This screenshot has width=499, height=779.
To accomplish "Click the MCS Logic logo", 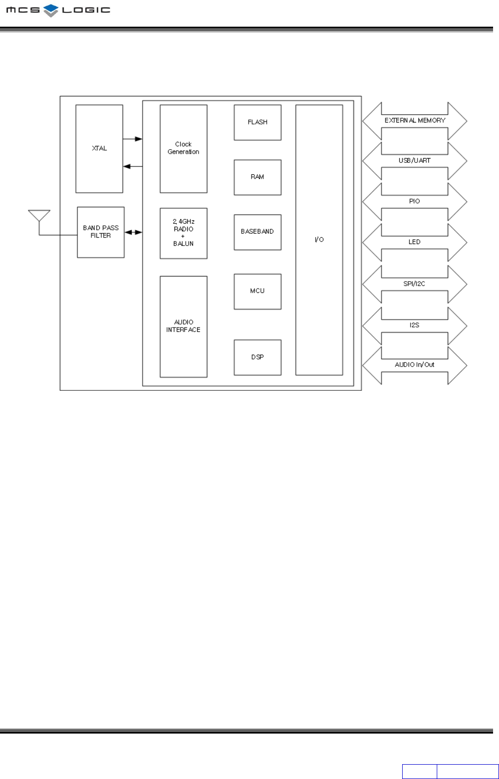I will point(58,10).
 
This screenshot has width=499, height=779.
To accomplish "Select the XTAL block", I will point(99,148).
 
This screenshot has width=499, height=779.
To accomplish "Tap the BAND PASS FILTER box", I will point(101,232).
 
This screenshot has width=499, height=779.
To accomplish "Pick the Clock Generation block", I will point(183,148).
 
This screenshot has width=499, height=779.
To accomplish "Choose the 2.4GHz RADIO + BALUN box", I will point(183,233).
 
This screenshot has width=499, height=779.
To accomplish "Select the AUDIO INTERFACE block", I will point(183,326).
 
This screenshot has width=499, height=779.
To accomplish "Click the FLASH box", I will point(257,122).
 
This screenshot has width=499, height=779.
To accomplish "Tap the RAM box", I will point(257,177).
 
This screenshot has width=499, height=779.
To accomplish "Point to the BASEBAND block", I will point(257,232).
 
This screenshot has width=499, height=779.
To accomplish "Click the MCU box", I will point(257,291).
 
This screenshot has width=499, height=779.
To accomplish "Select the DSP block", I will point(257,357).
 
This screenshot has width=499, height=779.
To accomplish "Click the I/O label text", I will point(319,240).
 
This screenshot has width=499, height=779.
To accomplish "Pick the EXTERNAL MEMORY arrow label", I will point(415,121).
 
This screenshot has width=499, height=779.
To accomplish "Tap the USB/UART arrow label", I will point(415,161).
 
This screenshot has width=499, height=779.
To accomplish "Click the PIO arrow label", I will point(415,201).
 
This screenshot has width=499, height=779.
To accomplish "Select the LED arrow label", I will point(415,242).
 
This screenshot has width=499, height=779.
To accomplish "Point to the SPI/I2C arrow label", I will point(415,284).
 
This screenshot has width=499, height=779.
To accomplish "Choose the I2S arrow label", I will point(415,325).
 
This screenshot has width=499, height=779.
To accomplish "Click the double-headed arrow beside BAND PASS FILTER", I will point(133,232).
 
